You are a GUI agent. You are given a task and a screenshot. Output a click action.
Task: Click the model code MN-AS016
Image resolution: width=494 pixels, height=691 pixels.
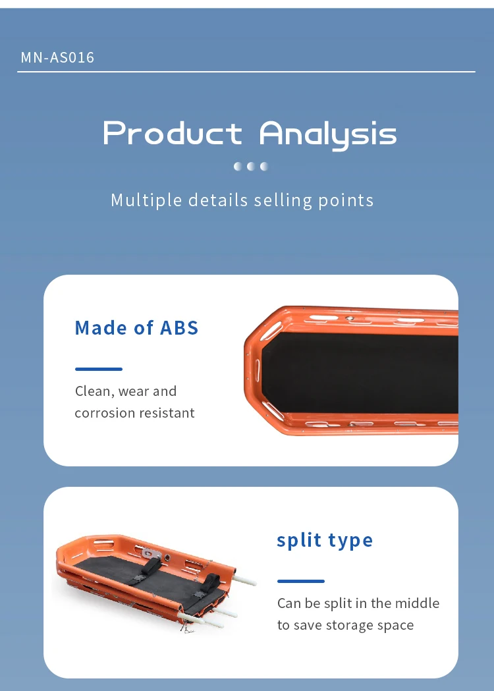point(57,57)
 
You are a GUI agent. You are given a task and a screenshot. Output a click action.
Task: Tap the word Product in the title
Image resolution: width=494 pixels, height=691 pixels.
point(173,132)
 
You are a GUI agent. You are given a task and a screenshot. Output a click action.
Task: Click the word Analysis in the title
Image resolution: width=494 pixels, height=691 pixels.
point(328,135)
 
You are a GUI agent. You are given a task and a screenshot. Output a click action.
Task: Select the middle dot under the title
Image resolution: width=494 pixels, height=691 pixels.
point(251,166)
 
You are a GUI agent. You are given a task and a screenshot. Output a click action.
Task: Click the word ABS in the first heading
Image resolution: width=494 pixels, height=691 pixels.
point(179,328)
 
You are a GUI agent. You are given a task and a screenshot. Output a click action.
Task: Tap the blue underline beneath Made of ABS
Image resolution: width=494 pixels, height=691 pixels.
point(99,369)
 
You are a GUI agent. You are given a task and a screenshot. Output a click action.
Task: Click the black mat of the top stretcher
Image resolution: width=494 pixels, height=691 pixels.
point(360,372)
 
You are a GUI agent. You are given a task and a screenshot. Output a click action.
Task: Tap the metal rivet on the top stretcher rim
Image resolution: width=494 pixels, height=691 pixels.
point(350,318)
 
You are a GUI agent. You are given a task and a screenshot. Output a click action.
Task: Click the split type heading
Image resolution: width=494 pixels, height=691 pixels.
point(325,540)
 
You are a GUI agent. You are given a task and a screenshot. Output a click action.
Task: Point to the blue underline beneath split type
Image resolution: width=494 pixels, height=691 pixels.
point(301,581)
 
